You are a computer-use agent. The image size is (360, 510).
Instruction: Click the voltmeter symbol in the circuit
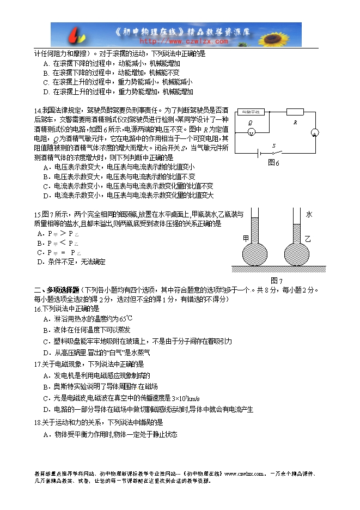click(251, 132)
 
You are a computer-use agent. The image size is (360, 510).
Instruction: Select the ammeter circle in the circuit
click(314, 133)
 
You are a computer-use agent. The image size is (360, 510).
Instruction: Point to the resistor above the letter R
click(295, 112)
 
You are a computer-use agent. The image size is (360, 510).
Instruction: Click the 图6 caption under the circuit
click(273, 162)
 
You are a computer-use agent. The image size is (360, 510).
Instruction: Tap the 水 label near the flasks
click(309, 215)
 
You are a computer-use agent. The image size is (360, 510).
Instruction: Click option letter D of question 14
click(47, 196)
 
